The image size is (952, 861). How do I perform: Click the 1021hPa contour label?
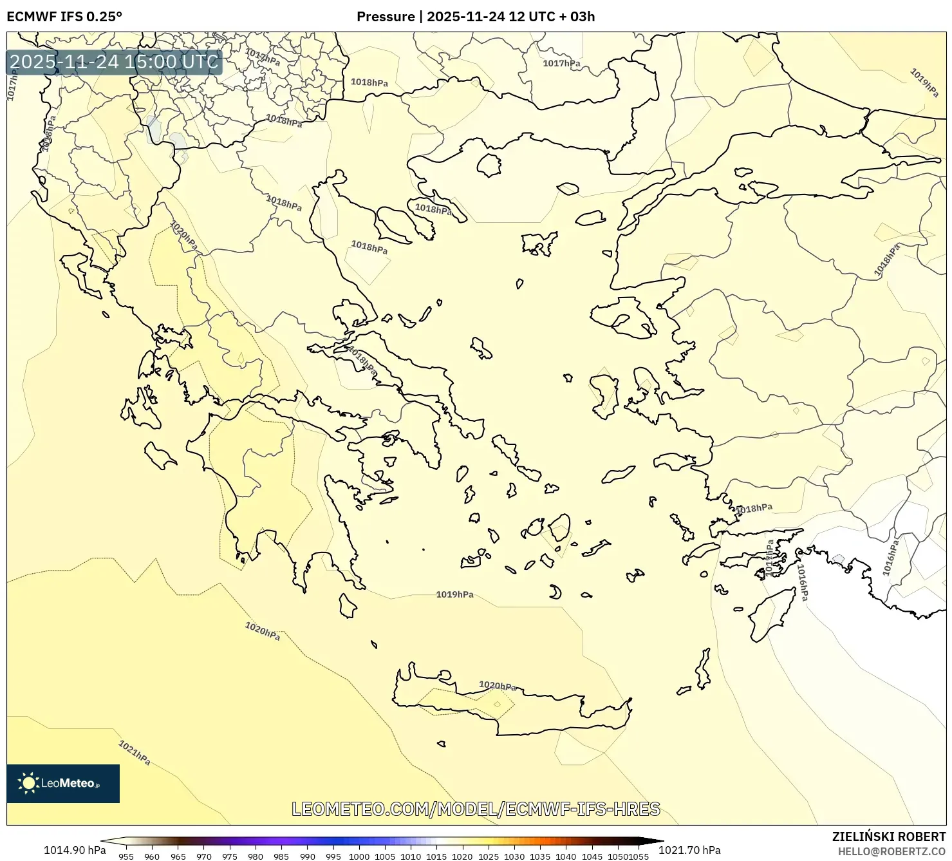pos(134,752)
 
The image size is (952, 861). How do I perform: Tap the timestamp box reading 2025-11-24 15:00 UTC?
pos(115,62)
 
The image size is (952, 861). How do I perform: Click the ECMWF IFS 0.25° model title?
pos(64,17)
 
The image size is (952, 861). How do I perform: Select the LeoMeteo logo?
pos(62,783)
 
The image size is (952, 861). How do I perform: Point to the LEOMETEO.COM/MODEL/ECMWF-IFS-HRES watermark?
pos(476,809)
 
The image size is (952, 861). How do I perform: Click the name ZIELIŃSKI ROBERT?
pos(888,837)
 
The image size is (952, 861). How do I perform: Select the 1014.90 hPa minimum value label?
pos(75,850)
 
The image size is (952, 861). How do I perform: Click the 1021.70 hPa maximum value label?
pos(689,850)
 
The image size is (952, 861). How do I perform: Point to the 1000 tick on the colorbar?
pos(359,856)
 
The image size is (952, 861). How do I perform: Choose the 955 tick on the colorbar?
pos(126,856)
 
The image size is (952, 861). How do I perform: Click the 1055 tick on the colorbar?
pos(639,856)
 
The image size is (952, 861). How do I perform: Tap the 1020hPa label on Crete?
pos(498,686)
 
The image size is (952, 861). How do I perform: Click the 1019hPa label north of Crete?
pos(454,594)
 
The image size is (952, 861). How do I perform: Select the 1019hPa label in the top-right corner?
pos(924,82)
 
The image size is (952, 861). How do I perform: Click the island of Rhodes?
pos(769,616)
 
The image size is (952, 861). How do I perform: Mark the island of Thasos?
pos(489,165)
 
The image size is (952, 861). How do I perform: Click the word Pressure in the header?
pos(386,17)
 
